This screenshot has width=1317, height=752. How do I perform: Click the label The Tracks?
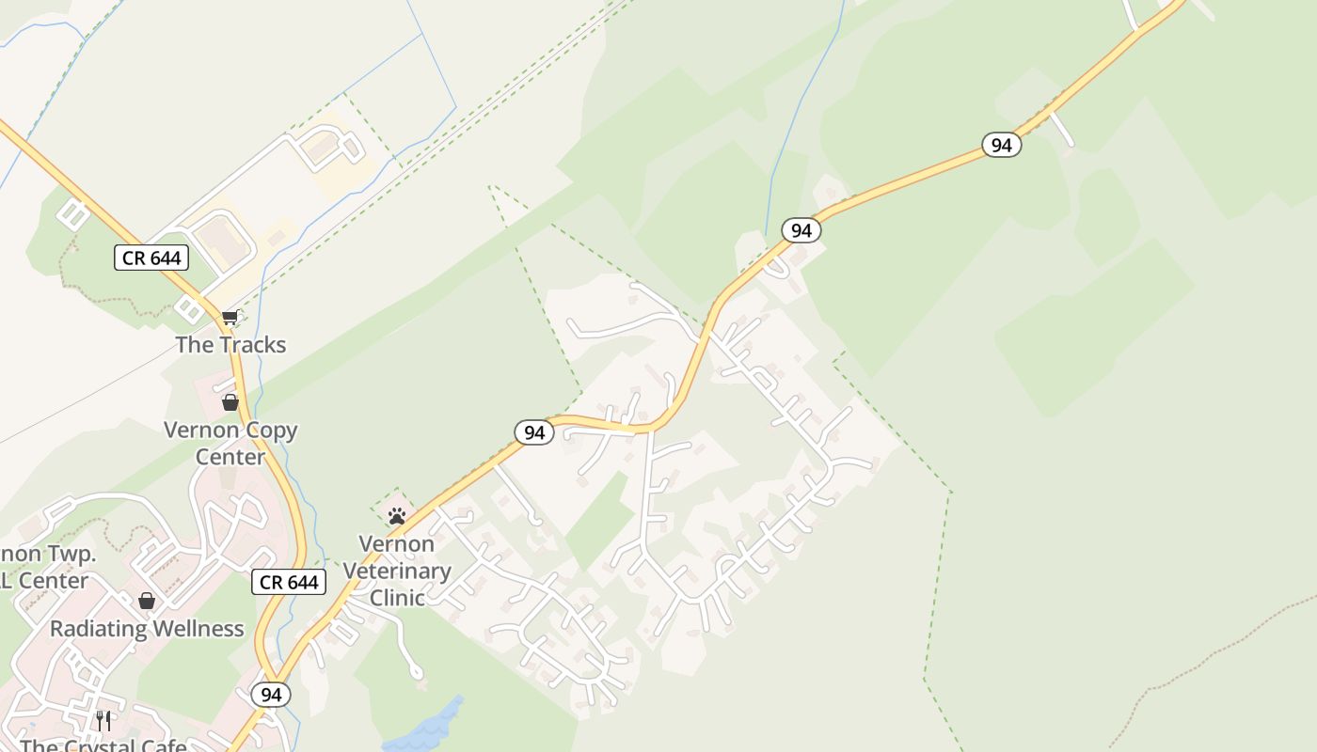pyautogui.click(x=230, y=345)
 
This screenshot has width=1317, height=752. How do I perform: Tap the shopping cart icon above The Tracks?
pyautogui.click(x=230, y=318)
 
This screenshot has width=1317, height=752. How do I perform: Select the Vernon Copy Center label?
pyautogui.click(x=230, y=444)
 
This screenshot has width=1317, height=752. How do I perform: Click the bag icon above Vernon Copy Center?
pyautogui.click(x=230, y=402)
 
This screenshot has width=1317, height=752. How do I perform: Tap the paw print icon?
pyautogui.click(x=397, y=515)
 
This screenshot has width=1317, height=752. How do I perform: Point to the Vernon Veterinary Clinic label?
pyautogui.click(x=397, y=571)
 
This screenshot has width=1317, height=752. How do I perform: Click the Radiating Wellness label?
pyautogui.click(x=147, y=629)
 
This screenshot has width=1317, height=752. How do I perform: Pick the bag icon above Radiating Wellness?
pyautogui.click(x=147, y=601)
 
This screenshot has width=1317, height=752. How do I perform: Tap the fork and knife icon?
pyautogui.click(x=103, y=721)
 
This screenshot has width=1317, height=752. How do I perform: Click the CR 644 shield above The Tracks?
pyautogui.click(x=151, y=258)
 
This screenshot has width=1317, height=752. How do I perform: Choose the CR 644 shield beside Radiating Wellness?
pyautogui.click(x=289, y=583)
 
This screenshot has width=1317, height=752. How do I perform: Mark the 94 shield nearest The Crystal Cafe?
pyautogui.click(x=271, y=695)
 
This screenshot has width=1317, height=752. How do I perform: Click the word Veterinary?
pyautogui.click(x=397, y=571)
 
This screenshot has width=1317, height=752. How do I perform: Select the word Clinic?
pyautogui.click(x=397, y=598)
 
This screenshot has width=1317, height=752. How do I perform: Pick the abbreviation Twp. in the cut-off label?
pyautogui.click(x=71, y=554)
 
